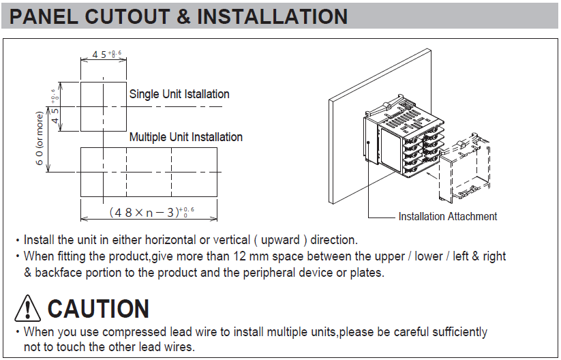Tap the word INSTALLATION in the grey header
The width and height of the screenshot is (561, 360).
(272, 16)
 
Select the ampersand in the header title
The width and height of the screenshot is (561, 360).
(183, 16)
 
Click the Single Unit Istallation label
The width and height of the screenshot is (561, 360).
(179, 94)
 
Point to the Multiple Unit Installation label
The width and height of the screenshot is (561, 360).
(185, 137)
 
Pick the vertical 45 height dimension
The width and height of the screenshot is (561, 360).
(55, 106)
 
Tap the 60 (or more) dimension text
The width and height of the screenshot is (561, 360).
(40, 138)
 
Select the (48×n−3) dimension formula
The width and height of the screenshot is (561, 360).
(152, 212)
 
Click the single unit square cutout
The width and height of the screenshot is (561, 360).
(80, 106)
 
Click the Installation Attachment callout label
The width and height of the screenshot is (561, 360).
(448, 217)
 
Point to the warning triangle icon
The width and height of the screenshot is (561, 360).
(27, 308)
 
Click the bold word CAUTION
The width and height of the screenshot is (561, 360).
(98, 309)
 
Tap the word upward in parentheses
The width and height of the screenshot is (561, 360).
(280, 240)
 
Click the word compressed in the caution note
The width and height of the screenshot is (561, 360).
(133, 332)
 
